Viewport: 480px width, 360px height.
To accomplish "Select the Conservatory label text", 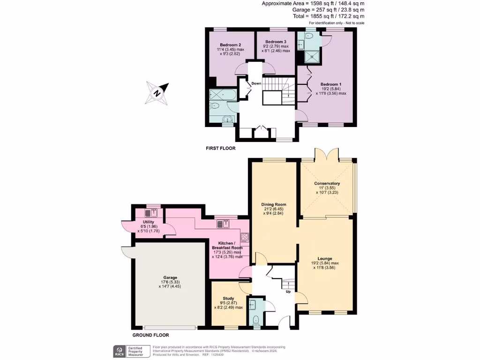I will [327, 183].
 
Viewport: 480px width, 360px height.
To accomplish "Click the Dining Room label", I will [274, 204].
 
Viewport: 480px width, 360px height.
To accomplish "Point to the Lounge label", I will [325, 258].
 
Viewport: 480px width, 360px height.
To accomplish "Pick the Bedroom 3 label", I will [275, 42].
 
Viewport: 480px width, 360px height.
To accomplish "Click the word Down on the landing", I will [256, 83].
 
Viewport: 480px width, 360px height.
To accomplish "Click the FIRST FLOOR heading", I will [220, 148].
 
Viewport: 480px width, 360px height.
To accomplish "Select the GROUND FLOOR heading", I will [150, 335].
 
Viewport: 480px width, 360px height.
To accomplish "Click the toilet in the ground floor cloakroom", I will [255, 321].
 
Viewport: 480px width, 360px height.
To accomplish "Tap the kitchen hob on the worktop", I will [244, 237].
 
